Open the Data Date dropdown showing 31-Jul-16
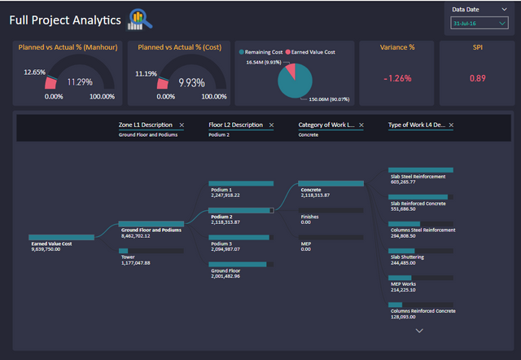[x=478, y=23]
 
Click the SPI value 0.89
[x=478, y=77]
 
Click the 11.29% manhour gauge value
[x=79, y=81]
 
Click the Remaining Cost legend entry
[x=263, y=51]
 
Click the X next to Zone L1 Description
[x=182, y=125]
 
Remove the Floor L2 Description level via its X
[x=271, y=125]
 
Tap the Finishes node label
[x=309, y=217]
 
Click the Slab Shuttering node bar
[x=420, y=250]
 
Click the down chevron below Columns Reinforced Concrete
[x=420, y=331]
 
